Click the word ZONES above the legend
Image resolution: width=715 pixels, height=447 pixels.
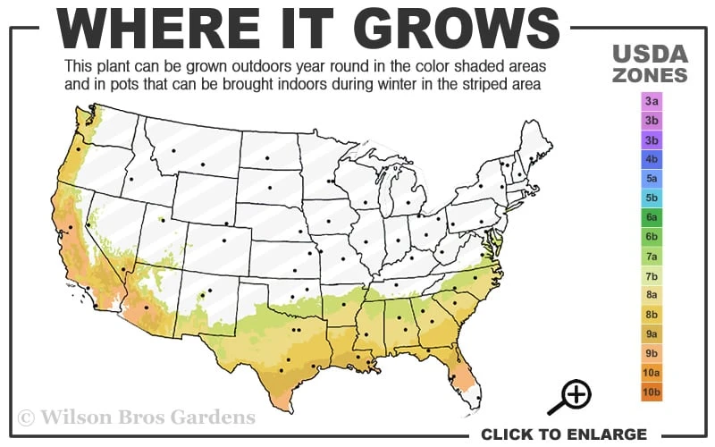click(x=651, y=75)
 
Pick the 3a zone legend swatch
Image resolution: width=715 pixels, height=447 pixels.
click(x=652, y=102)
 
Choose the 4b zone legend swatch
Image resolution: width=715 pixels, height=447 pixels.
click(x=652, y=159)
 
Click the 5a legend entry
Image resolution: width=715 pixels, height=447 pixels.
click(x=652, y=179)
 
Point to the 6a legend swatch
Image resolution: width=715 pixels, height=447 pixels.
click(x=652, y=217)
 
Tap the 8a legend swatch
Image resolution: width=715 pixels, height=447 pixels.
click(x=652, y=295)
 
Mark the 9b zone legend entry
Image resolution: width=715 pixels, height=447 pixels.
click(x=652, y=353)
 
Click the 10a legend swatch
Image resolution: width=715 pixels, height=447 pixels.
click(x=652, y=373)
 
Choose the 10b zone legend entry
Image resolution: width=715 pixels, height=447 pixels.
click(x=652, y=392)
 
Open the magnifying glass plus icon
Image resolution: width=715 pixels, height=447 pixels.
click(x=576, y=396)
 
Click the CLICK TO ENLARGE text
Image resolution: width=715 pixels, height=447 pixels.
click(x=563, y=434)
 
